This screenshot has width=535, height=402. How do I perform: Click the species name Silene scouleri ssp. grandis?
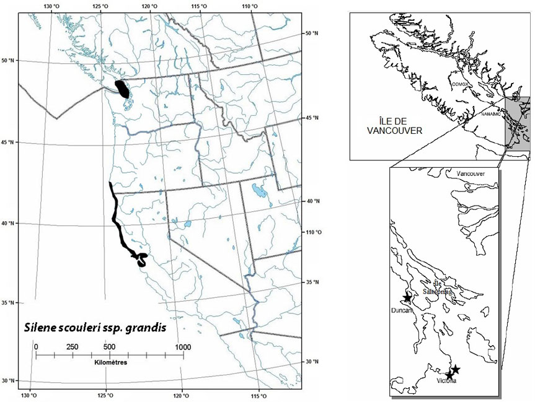coord(95,327)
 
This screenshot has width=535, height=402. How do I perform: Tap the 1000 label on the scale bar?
coord(182,346)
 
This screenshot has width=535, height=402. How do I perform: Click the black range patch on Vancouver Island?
coord(123,89)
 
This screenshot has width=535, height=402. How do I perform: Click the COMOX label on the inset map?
coord(459,84)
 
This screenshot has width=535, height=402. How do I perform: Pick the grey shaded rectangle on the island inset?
coord(516,123)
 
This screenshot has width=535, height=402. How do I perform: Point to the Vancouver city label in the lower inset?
coord(478,174)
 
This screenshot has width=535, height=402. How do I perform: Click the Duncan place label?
coord(402,309)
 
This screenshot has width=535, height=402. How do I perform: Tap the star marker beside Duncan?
coord(407,298)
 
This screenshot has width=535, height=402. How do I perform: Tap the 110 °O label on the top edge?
coord(250,6)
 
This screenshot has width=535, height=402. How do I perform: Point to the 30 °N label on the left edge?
coord(8,380)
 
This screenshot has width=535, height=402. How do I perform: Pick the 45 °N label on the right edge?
coord(313,117)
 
